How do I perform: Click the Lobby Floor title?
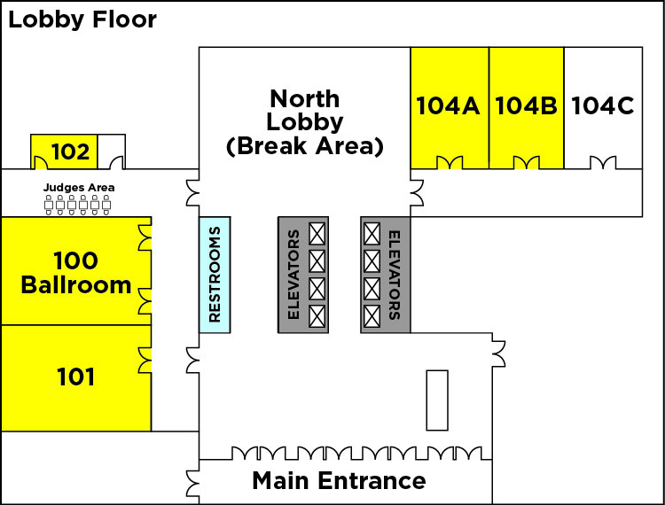(x=82, y=20)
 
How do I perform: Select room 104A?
(x=448, y=106)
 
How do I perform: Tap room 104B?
(x=526, y=106)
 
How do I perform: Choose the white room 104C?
(x=603, y=106)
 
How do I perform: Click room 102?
(x=70, y=152)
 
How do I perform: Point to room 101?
(x=75, y=377)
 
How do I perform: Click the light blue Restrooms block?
(x=215, y=275)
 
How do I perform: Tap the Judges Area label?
(x=79, y=188)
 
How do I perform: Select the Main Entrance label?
(x=339, y=481)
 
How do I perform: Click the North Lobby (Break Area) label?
(x=305, y=122)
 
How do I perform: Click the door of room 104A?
(x=450, y=162)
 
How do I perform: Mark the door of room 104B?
(x=527, y=162)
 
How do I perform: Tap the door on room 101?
(x=145, y=360)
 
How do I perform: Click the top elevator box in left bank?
(x=317, y=233)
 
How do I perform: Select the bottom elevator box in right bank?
(x=372, y=315)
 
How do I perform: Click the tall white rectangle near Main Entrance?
(x=437, y=400)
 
